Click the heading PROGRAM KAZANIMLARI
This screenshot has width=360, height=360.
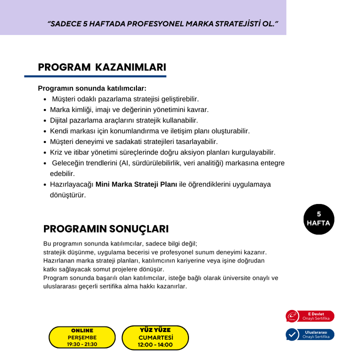pos(102,67)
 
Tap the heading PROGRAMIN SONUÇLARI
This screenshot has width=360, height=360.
pos(105,229)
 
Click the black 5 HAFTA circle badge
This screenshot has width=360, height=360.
pos(318,219)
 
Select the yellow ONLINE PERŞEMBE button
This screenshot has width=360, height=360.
pos(82,337)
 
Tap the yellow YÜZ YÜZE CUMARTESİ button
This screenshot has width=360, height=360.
pos(155,337)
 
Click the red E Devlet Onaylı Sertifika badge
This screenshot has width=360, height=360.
pos(310,316)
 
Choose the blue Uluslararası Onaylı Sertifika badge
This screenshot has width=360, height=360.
pos(310,334)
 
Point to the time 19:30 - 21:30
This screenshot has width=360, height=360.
pos(82,344)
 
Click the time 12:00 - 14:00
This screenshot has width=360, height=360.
pos(155,344)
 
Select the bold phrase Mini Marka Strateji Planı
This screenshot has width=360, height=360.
pos(136,184)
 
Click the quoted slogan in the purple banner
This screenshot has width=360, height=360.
pos(162,24)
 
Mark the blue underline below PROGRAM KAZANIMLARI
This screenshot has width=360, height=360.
pos(95,76)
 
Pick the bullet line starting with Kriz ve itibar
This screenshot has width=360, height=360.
pos(162,152)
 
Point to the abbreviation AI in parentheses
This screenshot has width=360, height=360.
pos(124,163)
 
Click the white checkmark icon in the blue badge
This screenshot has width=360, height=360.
pos(292,334)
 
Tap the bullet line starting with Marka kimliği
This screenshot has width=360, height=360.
pos(129,109)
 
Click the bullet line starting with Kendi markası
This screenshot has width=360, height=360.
pos(149,131)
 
